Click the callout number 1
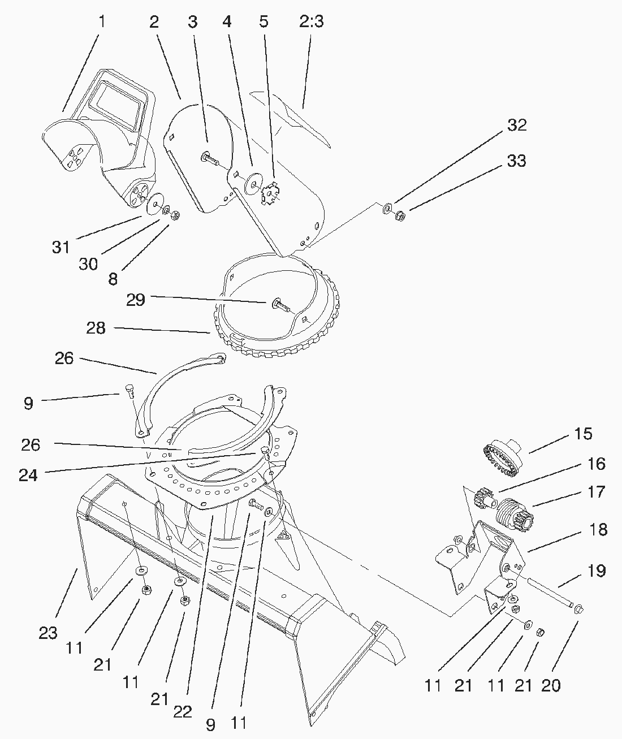102,22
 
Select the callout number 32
516,125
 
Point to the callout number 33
516,161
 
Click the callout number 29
135,300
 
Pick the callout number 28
96,328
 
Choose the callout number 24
28,476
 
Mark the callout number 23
48,633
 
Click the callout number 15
583,434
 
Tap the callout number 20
551,685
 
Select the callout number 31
61,247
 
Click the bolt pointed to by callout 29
280,305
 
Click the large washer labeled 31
154,204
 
